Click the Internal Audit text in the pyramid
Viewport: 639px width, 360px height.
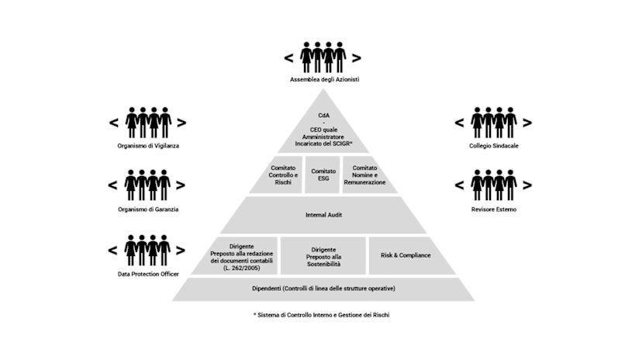(x=320, y=215)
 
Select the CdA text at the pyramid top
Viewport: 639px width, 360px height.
(x=320, y=114)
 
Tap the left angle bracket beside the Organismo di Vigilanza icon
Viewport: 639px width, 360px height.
(x=112, y=122)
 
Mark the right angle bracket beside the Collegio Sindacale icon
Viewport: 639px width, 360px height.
(x=528, y=122)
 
